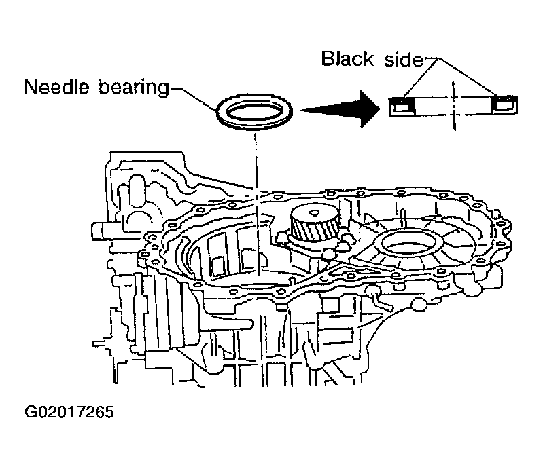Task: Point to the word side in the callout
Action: click(x=401, y=59)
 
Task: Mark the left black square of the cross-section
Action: click(x=402, y=105)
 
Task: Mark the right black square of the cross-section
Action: click(x=504, y=105)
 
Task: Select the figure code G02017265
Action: click(x=69, y=413)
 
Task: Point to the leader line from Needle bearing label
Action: click(x=197, y=98)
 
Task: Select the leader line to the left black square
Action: click(x=413, y=78)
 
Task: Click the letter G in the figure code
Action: click(x=32, y=413)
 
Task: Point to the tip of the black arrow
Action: click(x=376, y=107)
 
